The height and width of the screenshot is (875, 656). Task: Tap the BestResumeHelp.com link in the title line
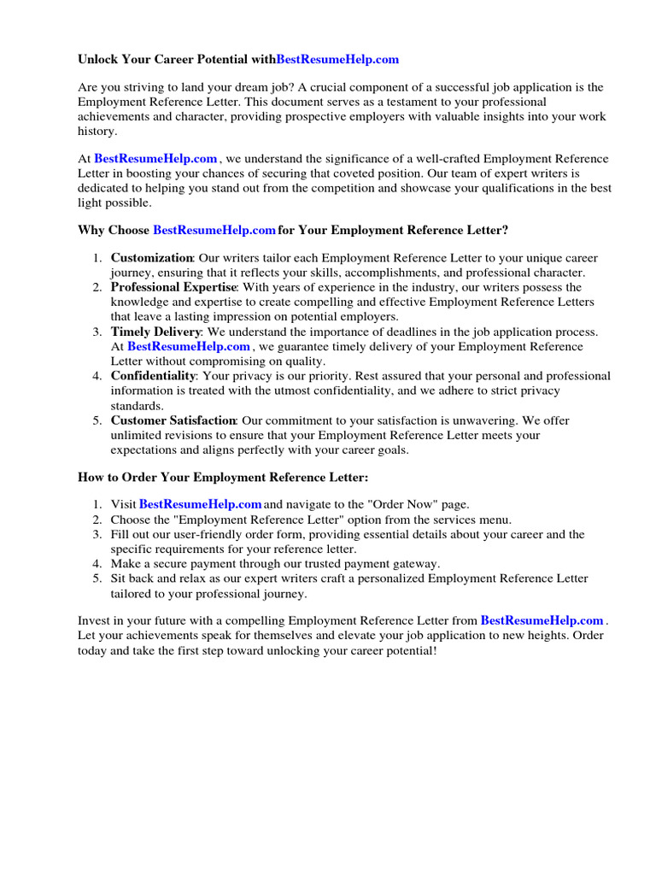(337, 60)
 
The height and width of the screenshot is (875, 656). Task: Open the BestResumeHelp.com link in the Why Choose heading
(214, 230)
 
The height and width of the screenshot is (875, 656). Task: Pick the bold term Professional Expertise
(173, 287)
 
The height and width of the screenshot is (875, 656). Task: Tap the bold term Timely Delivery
(156, 332)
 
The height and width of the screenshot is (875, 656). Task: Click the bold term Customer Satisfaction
(173, 420)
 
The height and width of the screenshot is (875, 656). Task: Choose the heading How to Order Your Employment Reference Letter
(223, 477)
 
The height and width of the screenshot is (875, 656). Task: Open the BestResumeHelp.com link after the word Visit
(200, 505)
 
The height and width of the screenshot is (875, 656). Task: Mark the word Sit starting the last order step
(120, 578)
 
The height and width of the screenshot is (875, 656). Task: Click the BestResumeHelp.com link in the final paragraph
(542, 620)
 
